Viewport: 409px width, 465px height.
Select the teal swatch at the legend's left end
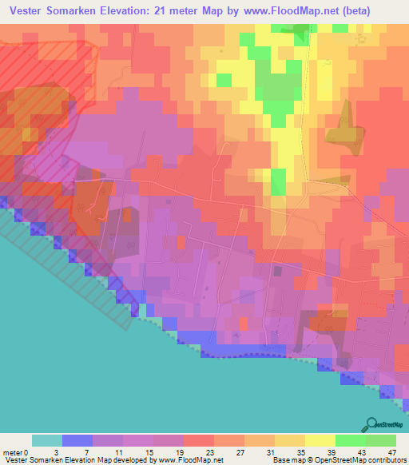tap(47, 440)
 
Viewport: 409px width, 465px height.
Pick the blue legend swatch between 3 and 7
tap(77, 440)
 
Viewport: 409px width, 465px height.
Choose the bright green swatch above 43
tap(351, 440)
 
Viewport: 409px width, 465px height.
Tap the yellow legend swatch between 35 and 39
tap(320, 440)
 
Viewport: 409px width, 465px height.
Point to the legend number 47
tap(392, 452)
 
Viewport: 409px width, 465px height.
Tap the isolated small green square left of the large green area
tap(224, 80)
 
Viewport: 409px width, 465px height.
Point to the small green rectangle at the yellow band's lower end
tap(278, 179)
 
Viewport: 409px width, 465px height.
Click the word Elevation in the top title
tap(129, 10)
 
